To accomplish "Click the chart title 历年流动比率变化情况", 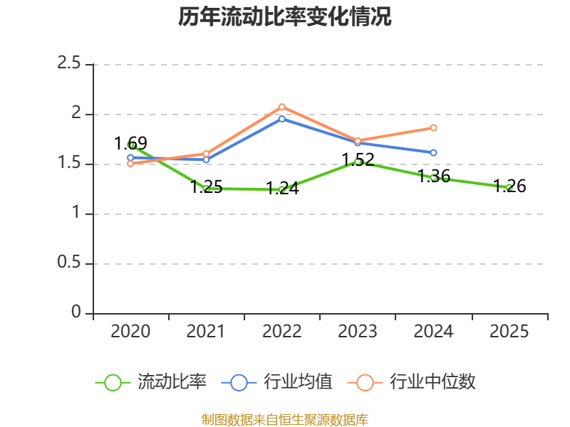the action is (284, 16).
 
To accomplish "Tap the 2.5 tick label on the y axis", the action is (68, 63).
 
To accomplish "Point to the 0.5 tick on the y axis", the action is (68, 262).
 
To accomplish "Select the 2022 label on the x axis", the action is (281, 331).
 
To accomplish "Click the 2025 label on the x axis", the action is (509, 331).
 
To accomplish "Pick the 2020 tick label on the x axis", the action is (130, 331).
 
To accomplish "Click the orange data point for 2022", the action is (281, 107).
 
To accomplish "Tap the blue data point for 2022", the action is (281, 119).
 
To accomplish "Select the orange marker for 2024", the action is (433, 128).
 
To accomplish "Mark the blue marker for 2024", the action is (433, 153).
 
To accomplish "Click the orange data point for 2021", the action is (206, 154).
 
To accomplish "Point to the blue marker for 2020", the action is (130, 158).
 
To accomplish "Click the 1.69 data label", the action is (130, 143).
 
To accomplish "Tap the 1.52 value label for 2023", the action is (358, 159).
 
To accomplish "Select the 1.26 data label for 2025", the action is (509, 186).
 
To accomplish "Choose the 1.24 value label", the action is (282, 188).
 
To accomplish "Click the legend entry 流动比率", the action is (151, 382).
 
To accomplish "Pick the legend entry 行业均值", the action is (277, 382).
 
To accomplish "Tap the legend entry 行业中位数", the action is (412, 382).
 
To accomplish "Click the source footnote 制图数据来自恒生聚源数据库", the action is (284, 420).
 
